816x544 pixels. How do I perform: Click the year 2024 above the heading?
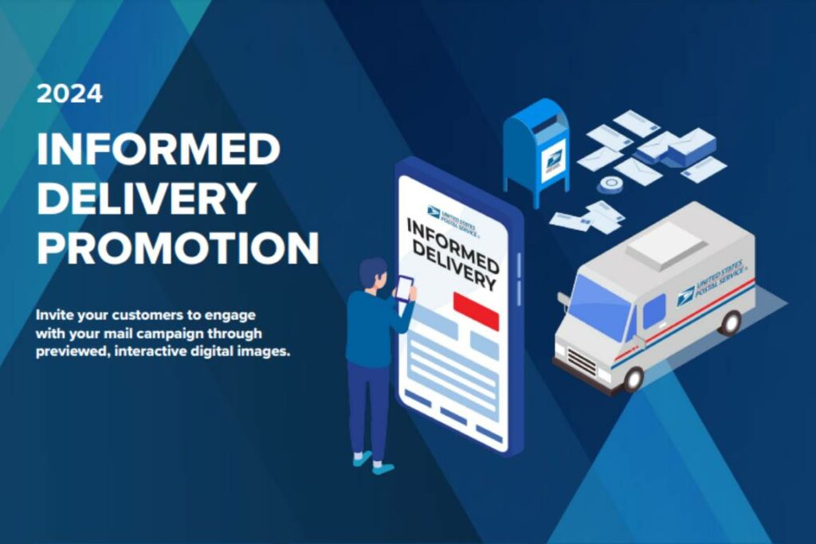tap(69, 94)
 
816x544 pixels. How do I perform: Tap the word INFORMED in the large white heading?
tap(158, 149)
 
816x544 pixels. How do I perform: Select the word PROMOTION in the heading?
tap(177, 248)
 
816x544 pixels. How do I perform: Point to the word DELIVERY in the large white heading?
tap(147, 198)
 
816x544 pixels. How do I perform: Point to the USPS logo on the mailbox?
tap(552, 161)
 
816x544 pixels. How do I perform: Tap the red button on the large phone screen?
tap(476, 311)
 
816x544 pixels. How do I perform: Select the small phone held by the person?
tap(404, 287)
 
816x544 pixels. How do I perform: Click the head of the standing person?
tap(372, 273)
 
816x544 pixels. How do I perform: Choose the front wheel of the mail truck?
tap(633, 378)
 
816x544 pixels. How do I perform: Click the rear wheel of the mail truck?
tap(729, 322)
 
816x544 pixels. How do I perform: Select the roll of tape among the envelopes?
tap(611, 185)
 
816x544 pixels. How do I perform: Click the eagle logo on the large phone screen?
tap(433, 211)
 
